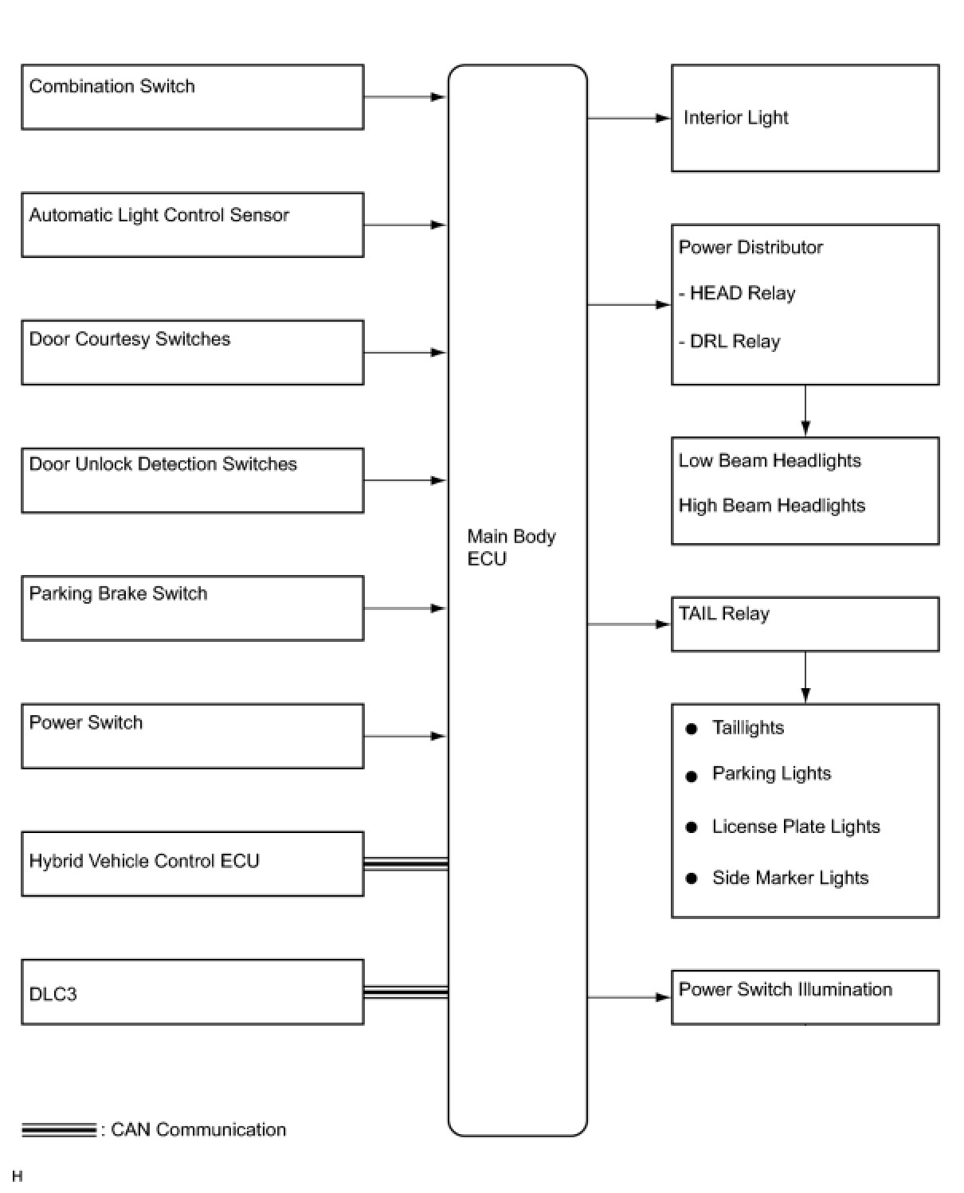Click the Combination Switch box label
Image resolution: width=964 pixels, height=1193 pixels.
click(x=112, y=86)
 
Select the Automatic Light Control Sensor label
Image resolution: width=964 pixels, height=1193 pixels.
click(x=159, y=215)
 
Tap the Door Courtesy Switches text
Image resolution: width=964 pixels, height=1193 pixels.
click(x=129, y=339)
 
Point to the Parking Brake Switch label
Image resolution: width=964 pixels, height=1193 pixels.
click(x=118, y=593)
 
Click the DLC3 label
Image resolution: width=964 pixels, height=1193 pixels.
click(x=53, y=994)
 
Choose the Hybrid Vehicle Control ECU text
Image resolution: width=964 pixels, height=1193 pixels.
click(x=144, y=861)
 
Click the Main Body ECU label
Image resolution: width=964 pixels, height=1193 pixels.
click(x=511, y=547)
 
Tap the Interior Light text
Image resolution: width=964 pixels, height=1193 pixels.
click(x=735, y=118)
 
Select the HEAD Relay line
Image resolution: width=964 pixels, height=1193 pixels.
click(x=737, y=293)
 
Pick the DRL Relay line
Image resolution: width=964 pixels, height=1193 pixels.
click(x=729, y=341)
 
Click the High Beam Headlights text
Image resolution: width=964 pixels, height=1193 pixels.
click(x=772, y=506)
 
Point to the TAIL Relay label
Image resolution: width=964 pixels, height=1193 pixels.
click(x=723, y=614)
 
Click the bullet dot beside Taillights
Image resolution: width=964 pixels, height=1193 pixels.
click(x=692, y=729)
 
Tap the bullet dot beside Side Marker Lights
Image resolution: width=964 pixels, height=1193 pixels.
click(x=692, y=878)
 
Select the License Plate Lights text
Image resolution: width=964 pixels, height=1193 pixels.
click(x=796, y=827)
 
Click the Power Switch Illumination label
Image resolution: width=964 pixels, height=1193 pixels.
click(x=786, y=990)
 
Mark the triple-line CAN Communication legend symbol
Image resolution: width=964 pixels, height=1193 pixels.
click(x=59, y=1130)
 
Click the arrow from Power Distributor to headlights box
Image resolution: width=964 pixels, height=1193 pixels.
click(x=805, y=411)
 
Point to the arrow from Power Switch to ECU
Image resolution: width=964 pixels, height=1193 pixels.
click(x=405, y=736)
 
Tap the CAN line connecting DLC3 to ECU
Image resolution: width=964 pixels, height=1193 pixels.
click(x=406, y=992)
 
